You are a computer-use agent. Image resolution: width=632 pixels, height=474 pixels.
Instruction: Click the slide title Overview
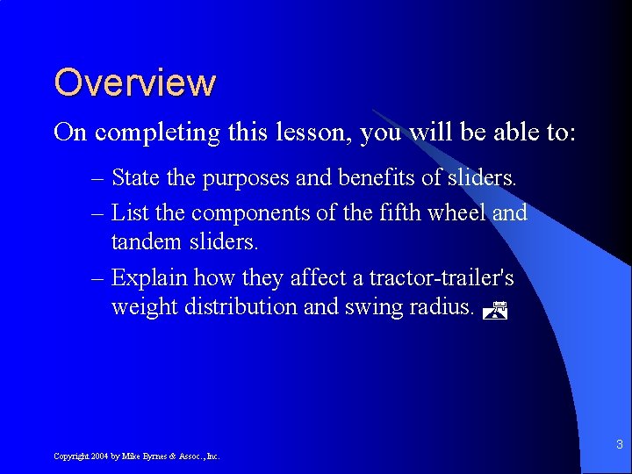point(134,83)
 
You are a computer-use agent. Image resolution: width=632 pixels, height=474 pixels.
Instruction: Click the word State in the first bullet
point(135,178)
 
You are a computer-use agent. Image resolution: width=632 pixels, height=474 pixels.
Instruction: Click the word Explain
point(150,279)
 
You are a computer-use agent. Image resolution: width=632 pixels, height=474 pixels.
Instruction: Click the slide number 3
point(620,444)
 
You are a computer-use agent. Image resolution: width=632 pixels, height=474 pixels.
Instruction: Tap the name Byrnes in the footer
point(152,456)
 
